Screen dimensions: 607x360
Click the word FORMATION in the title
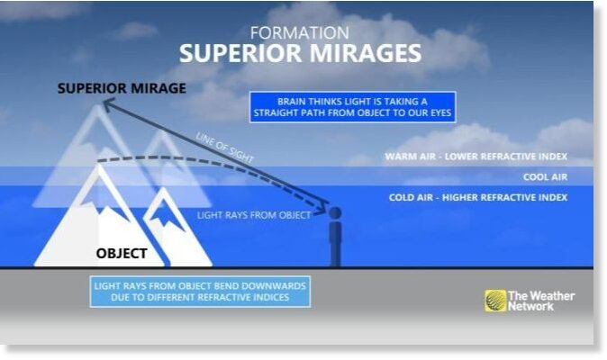click(299, 33)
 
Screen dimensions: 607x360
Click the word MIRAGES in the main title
click(366, 53)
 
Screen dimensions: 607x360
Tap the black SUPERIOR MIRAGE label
click(122, 88)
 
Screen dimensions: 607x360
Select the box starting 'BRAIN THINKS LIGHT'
click(353, 107)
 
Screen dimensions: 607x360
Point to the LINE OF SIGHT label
click(225, 148)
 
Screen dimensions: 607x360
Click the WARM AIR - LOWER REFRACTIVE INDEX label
click(476, 157)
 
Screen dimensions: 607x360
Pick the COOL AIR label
click(545, 177)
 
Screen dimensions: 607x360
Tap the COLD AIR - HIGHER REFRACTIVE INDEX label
click(478, 197)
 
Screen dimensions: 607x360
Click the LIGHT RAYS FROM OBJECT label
click(254, 215)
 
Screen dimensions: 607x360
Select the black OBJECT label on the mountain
click(122, 253)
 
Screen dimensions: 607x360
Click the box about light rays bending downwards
click(200, 292)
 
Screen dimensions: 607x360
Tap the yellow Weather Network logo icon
click(495, 301)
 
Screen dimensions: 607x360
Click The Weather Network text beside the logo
click(540, 301)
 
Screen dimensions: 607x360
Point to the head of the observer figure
click(335, 212)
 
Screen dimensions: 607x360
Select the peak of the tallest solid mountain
click(99, 164)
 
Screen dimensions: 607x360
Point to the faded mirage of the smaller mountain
click(164, 155)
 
